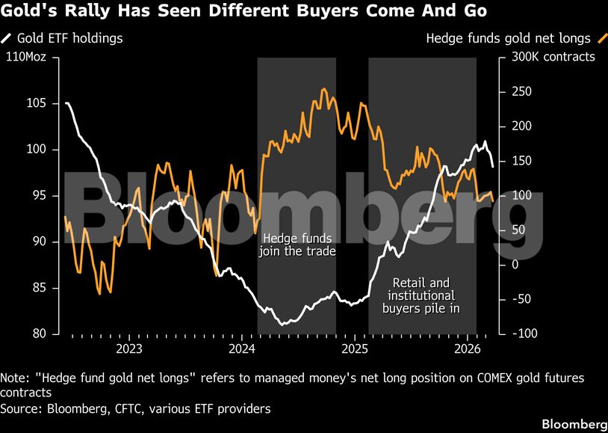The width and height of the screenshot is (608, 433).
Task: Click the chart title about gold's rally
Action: [243, 12]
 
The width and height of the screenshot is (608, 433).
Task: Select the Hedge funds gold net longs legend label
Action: [508, 37]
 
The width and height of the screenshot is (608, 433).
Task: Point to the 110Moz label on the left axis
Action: [26, 57]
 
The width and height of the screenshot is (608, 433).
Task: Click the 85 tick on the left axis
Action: [39, 288]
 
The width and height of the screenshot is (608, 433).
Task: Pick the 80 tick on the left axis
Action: [39, 334]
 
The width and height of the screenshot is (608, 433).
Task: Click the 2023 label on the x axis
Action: [129, 348]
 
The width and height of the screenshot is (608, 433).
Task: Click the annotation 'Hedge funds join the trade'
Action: [297, 245]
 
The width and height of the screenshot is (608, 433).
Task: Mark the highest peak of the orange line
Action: [323, 89]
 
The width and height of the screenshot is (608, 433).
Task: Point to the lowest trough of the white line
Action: [282, 325]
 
